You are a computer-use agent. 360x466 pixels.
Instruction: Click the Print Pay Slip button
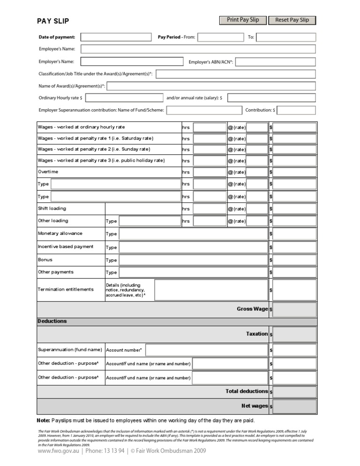[x=243, y=20]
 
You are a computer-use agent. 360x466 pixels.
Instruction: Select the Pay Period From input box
[x=220, y=37]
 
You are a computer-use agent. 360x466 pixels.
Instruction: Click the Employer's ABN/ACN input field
[x=278, y=61]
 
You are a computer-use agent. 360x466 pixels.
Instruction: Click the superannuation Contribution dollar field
[x=296, y=110]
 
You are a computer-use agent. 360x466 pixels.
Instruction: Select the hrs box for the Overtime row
[x=210, y=172]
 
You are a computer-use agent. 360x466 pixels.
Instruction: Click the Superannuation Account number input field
[x=206, y=350]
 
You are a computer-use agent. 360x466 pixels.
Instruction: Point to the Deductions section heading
[x=52, y=321]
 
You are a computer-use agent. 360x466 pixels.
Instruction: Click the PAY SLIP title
[x=53, y=21]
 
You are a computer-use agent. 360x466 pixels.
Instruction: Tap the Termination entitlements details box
[x=211, y=290]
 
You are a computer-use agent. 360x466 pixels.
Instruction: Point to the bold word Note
[x=43, y=420]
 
